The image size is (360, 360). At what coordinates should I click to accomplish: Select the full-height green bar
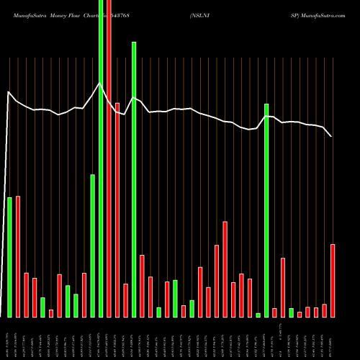point(101,180)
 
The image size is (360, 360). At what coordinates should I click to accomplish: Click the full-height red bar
point(109,180)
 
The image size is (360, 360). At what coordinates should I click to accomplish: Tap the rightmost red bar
point(333,281)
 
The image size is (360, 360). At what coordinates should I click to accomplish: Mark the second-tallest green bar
point(134,180)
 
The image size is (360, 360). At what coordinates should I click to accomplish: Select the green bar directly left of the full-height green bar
point(92,246)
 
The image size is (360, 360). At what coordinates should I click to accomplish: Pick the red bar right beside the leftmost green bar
point(18,256)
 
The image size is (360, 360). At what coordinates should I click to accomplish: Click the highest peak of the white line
point(101,84)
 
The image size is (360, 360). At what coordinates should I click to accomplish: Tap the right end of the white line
point(331,136)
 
